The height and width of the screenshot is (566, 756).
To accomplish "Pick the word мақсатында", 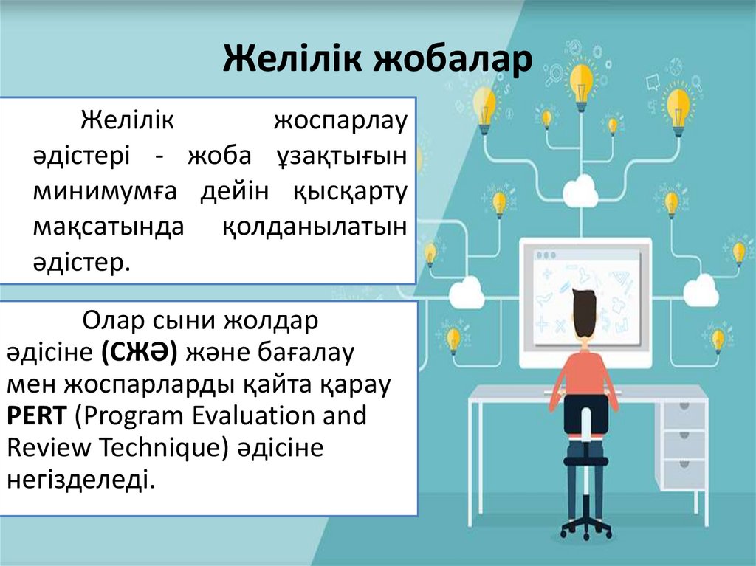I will click(108, 227).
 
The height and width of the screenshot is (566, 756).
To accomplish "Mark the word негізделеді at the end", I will click(81, 480).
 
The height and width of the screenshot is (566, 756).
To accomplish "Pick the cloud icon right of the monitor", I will click(700, 293).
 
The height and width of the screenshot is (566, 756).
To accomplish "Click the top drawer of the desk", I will click(684, 416).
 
